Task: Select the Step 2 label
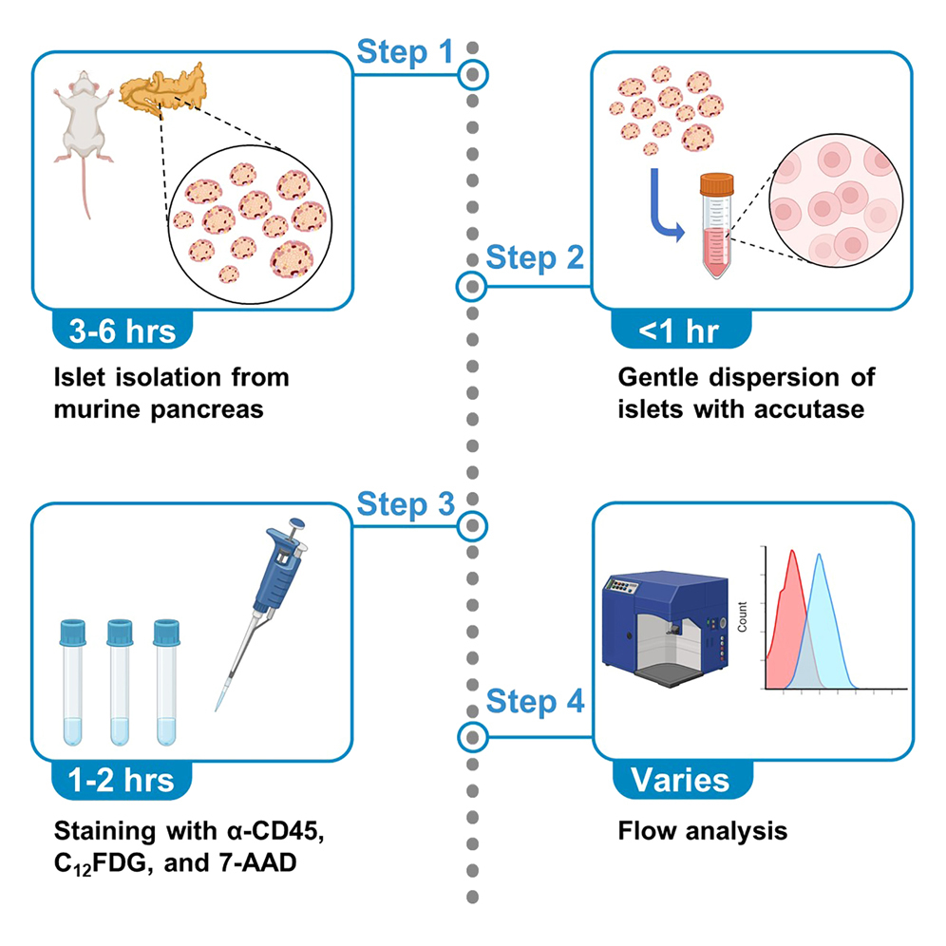(534, 258)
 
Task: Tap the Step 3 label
(406, 504)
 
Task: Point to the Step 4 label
(534, 703)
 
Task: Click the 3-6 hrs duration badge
(123, 331)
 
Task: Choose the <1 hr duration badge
(678, 331)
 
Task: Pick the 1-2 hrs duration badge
(123, 780)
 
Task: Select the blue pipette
(274, 589)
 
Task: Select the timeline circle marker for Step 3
(472, 524)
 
